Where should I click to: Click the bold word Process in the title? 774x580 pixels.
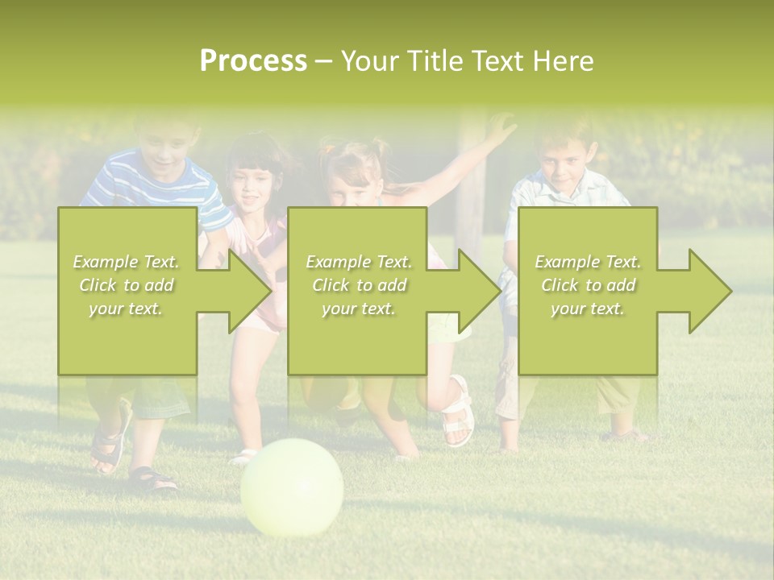coord(253,60)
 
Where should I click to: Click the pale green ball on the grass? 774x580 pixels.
coord(292,487)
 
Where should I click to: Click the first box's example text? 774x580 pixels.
coord(127,285)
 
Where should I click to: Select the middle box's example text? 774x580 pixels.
coord(358,285)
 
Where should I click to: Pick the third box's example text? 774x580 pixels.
coord(588,285)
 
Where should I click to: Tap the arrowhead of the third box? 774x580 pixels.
coord(709,291)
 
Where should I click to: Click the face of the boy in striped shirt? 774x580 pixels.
coord(167,147)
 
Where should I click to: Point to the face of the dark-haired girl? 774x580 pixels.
coord(252,184)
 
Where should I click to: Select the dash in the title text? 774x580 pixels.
coord(324,61)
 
